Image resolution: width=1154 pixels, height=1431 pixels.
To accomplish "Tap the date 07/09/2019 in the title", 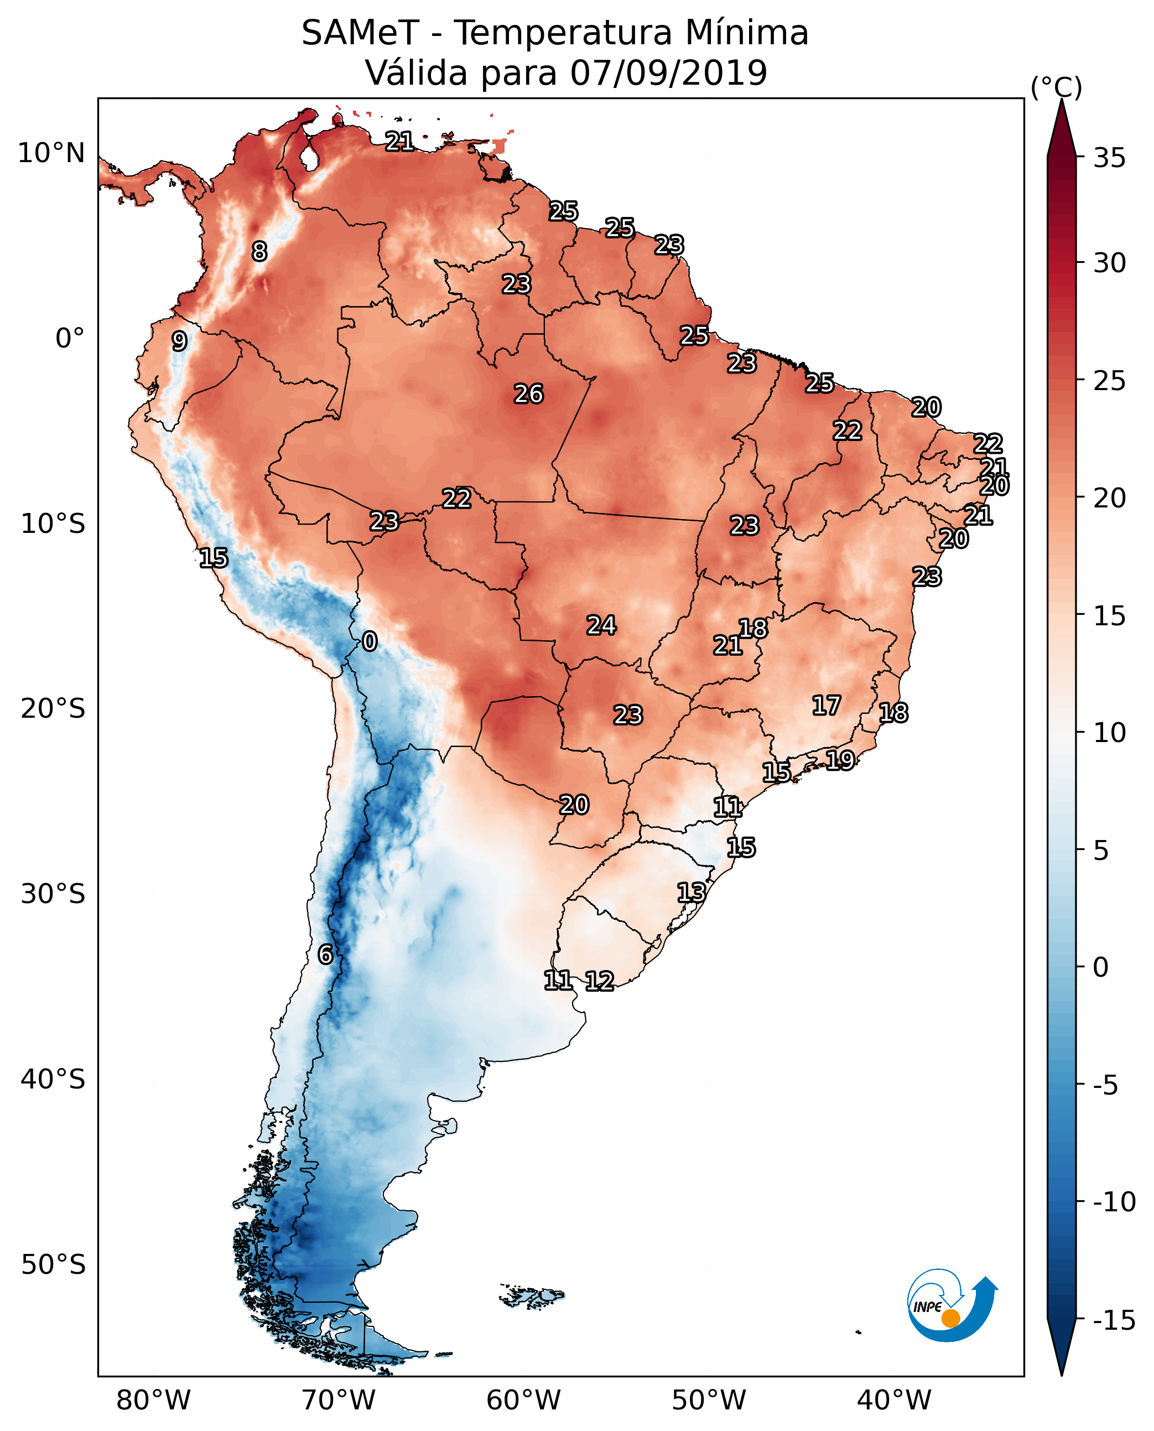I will click(669, 73).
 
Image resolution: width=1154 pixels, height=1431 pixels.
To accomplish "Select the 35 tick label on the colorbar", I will click(1109, 158).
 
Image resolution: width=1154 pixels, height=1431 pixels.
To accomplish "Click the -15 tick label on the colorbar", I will click(1114, 1321).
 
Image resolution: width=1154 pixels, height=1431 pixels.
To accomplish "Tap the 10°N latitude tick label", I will click(51, 154).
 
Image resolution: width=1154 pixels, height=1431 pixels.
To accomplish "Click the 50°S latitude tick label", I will click(53, 1265).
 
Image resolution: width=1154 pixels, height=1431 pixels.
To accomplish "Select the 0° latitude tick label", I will click(70, 339).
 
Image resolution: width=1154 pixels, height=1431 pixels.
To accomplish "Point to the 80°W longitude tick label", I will click(153, 1401).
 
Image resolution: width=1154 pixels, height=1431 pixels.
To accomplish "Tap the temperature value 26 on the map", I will click(528, 395).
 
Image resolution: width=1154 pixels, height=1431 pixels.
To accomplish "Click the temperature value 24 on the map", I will click(601, 625).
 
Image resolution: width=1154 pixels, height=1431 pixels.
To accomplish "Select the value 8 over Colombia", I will click(259, 251).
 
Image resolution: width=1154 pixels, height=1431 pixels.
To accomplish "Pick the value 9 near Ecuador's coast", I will click(179, 341).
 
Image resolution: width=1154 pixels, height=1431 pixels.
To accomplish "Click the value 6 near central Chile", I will click(325, 954).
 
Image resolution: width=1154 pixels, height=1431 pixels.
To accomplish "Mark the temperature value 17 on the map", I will click(826, 706).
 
